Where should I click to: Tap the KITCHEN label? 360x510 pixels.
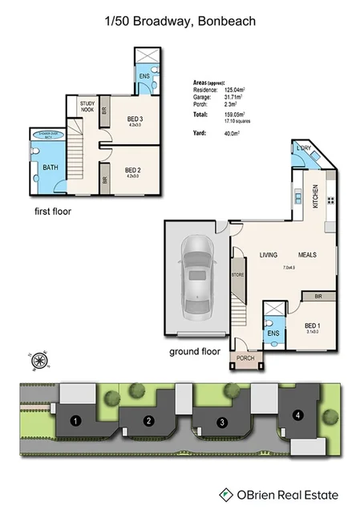[x=315, y=196]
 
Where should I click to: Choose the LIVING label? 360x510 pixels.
[x=268, y=255]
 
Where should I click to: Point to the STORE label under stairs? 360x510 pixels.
[x=237, y=275]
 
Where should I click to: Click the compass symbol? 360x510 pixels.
[x=37, y=361]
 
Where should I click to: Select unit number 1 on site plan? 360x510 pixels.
[x=75, y=420]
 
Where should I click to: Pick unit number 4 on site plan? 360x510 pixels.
[x=297, y=415]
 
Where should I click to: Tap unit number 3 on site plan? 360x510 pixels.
[x=222, y=422]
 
